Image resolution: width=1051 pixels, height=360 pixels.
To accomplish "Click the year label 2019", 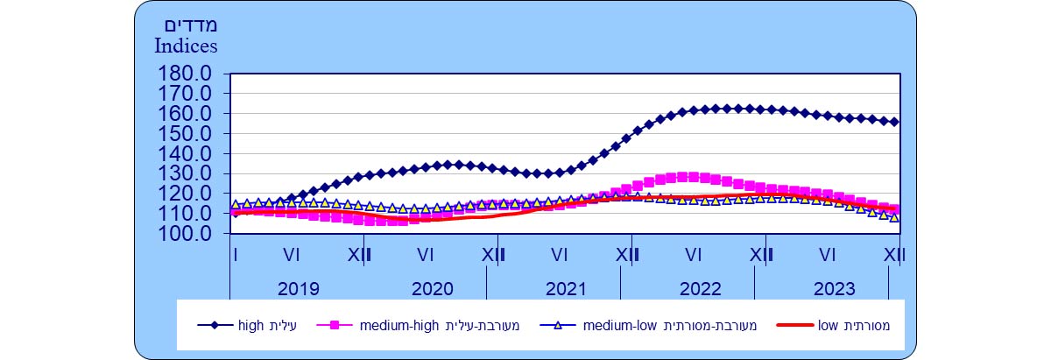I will coord(299,288).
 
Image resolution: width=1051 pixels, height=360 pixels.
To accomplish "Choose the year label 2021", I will coord(566,288).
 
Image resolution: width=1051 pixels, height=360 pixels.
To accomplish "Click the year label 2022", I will coord(699,288).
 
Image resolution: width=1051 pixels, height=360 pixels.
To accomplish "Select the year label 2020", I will coord(432,288).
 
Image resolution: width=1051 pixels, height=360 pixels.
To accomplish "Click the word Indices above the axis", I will coord(186,44).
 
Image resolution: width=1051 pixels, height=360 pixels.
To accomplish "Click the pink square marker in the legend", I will coord(335,326).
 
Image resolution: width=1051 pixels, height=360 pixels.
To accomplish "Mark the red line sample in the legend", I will coord(794,326).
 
